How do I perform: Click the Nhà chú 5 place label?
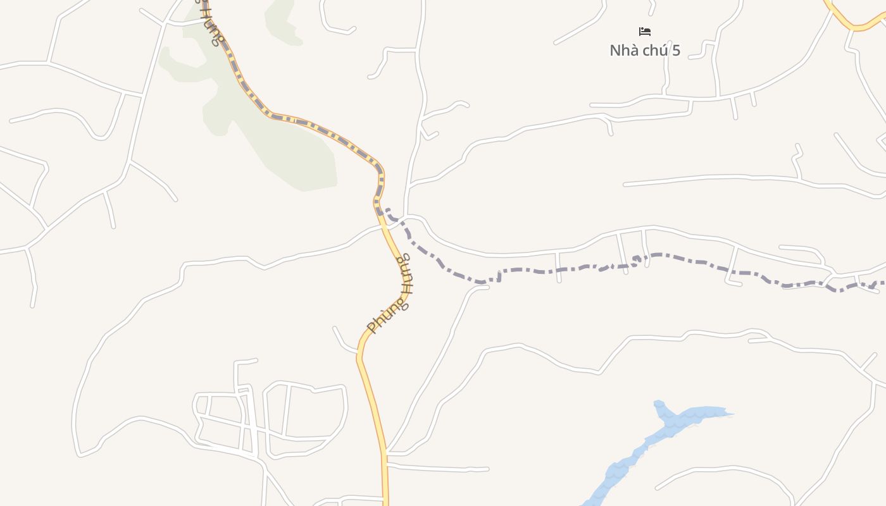pos(645,51)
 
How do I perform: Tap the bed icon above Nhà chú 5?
pos(645,31)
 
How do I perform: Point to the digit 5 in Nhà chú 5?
pos(676,51)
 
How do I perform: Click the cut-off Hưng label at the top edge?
pos(211,25)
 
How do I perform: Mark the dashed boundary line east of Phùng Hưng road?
pos(633,262)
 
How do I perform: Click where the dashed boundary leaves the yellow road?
pos(384,213)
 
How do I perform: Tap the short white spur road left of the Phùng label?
pos(342,342)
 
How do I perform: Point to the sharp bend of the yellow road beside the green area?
pos(378,168)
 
